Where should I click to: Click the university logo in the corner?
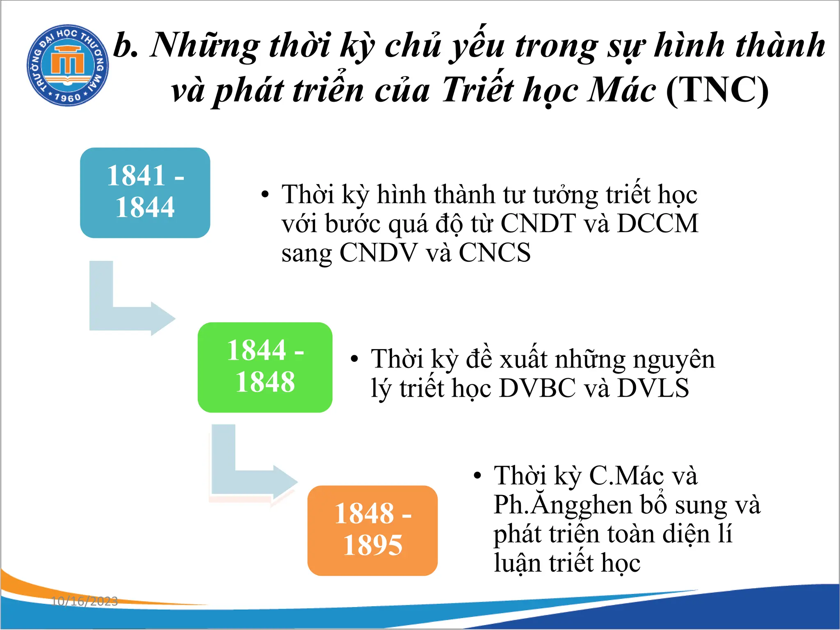point(68,65)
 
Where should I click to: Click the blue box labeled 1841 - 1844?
point(145,192)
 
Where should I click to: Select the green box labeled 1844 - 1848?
point(265,367)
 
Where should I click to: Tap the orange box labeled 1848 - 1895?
point(372,530)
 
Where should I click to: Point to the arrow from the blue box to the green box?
point(123,312)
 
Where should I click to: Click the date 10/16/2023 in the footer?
point(84,601)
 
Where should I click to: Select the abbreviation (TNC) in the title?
point(717,90)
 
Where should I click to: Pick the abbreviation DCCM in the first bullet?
point(657,224)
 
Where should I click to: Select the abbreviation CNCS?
point(495,253)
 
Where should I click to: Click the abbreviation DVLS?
point(653,388)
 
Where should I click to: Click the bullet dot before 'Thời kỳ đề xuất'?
point(355,360)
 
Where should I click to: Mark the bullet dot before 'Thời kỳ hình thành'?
point(265,194)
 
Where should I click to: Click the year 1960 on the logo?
point(68,98)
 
